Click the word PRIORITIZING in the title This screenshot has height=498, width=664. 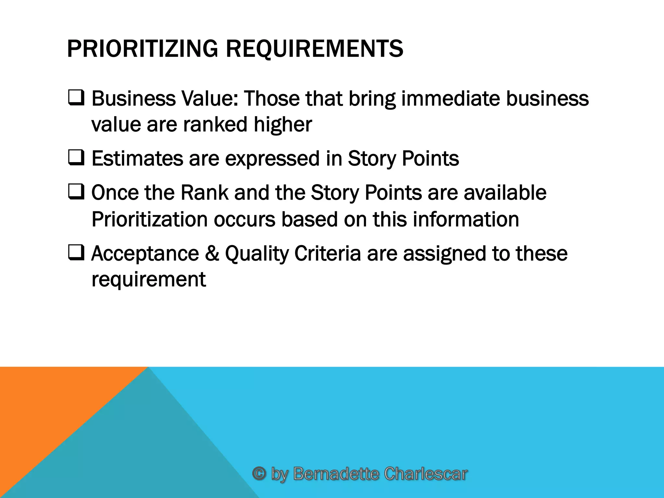[x=142, y=49]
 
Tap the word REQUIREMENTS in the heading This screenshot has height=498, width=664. [x=314, y=49]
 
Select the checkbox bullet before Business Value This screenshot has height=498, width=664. [x=76, y=98]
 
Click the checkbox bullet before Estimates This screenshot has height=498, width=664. [x=76, y=158]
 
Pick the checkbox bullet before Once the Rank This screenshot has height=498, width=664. [x=76, y=192]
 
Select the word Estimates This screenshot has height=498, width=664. [x=137, y=159]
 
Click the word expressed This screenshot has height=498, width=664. [x=272, y=159]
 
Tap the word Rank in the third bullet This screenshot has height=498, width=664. [x=204, y=193]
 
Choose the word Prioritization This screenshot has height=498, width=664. [x=149, y=219]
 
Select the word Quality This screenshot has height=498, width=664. [x=256, y=254]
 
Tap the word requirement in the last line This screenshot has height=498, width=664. [x=148, y=279]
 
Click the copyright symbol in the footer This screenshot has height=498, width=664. [x=259, y=473]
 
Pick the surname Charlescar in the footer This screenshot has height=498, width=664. [x=425, y=474]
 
